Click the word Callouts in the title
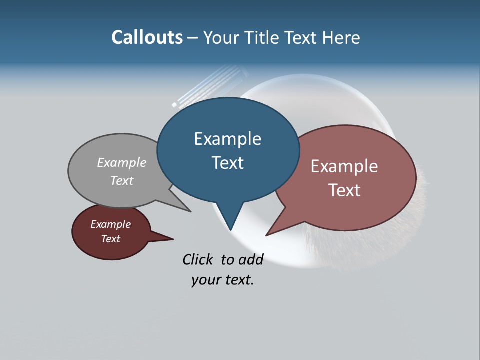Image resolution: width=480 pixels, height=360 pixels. click(x=147, y=37)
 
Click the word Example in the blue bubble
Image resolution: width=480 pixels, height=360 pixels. click(x=227, y=139)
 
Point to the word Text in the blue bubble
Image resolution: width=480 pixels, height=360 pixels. click(x=227, y=163)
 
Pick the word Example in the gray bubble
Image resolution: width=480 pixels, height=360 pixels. click(x=122, y=163)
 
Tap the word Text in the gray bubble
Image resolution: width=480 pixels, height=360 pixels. click(x=122, y=180)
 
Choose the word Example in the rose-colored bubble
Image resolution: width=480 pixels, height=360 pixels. click(x=344, y=166)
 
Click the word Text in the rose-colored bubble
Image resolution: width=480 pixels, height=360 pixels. click(x=344, y=190)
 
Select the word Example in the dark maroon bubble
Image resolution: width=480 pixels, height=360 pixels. click(x=111, y=224)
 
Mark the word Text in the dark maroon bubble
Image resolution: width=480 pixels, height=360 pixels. click(x=111, y=239)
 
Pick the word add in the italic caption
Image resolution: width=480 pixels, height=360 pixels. click(x=251, y=259)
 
